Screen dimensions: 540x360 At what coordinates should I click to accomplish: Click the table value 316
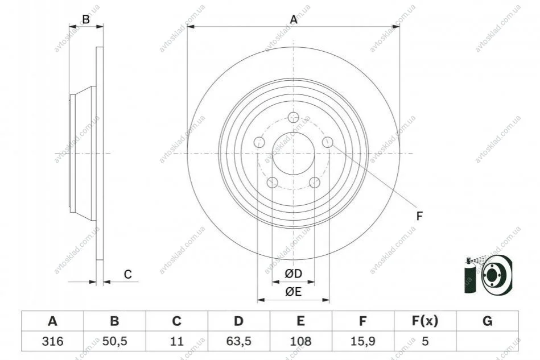click(x=52, y=341)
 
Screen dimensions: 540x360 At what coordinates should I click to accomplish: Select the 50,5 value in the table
click(x=115, y=341)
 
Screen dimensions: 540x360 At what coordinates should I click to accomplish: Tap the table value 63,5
click(x=238, y=341)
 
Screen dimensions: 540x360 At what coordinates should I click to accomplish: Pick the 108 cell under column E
click(x=300, y=341)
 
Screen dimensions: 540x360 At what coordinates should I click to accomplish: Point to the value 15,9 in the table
click(x=362, y=341)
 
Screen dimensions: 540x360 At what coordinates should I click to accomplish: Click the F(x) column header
click(x=425, y=321)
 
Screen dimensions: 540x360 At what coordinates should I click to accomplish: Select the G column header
click(x=487, y=321)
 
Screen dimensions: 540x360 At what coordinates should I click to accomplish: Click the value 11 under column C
click(x=176, y=341)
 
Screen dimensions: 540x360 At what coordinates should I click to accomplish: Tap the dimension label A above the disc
click(x=294, y=19)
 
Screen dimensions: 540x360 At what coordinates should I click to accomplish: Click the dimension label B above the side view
click(x=86, y=19)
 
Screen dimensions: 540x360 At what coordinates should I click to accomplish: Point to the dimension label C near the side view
click(x=128, y=274)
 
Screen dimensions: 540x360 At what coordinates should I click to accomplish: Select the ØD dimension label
click(x=294, y=274)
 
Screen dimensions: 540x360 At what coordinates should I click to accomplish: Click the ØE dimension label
click(x=294, y=292)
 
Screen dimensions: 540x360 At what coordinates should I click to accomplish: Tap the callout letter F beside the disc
click(x=419, y=216)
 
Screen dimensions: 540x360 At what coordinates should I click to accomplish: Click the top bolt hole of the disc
click(x=294, y=117)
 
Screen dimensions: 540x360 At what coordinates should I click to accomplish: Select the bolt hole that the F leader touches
click(x=328, y=142)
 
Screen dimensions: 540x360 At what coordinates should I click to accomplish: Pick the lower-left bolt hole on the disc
click(x=273, y=183)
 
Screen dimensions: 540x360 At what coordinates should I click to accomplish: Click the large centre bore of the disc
click(x=294, y=153)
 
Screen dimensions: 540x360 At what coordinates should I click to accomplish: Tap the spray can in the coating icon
click(x=469, y=275)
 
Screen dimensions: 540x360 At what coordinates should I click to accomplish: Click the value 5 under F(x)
click(x=425, y=341)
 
